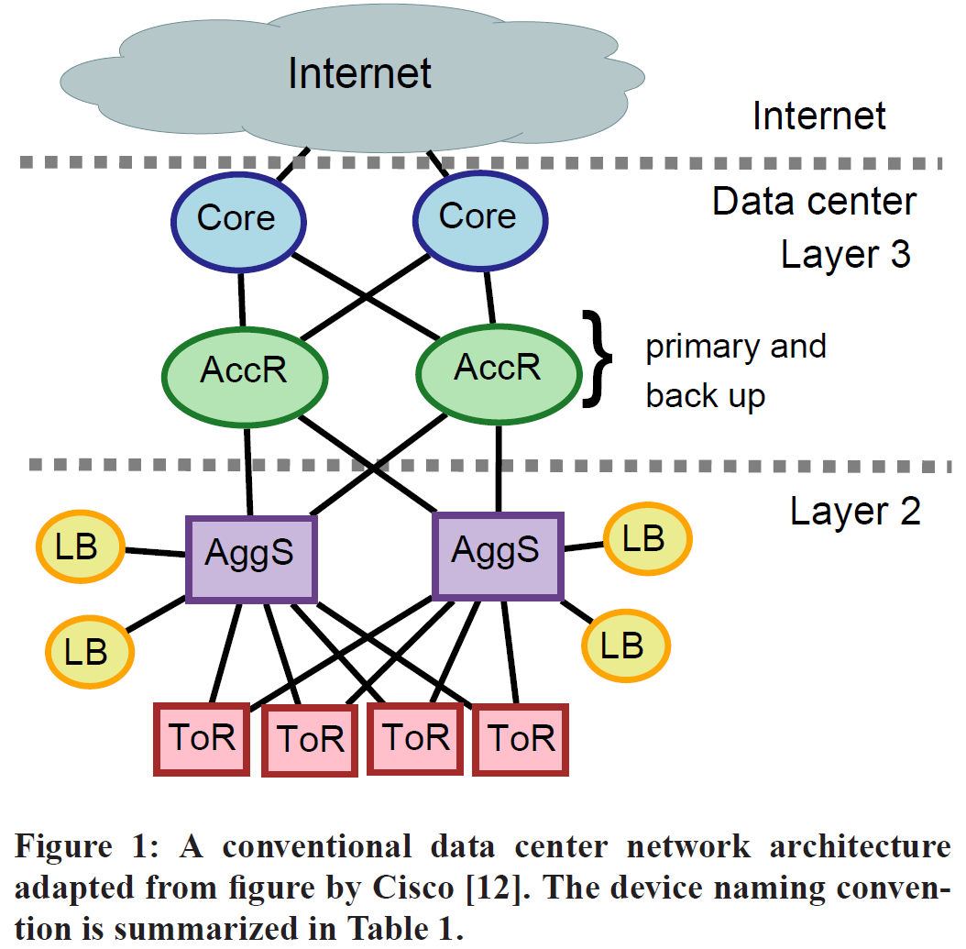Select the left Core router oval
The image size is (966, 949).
tap(237, 218)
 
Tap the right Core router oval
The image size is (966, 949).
tap(478, 217)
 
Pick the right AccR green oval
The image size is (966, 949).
tap(498, 369)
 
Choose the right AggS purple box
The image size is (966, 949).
tap(496, 553)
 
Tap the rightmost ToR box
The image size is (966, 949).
tap(521, 739)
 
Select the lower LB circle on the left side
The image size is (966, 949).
tap(89, 651)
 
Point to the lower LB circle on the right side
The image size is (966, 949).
tap(625, 646)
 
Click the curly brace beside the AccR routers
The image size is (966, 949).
tap(596, 358)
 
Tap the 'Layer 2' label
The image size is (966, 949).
tap(854, 511)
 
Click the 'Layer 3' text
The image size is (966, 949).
tap(845, 254)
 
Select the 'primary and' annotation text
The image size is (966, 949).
tap(736, 347)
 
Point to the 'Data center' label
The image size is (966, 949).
tap(814, 201)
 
